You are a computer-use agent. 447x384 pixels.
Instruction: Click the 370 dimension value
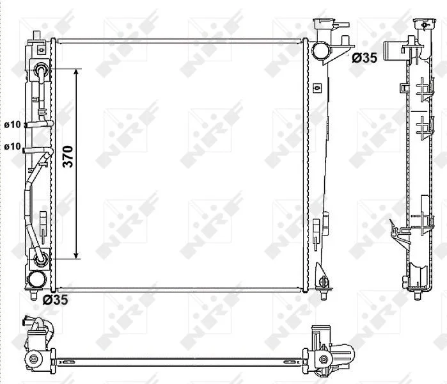(68, 156)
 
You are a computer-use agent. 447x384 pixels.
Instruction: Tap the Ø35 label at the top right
(365, 58)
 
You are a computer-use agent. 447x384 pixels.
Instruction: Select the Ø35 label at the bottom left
(55, 300)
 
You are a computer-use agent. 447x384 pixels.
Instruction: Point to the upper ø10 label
(13, 125)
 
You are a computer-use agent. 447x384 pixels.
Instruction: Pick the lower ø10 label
(13, 147)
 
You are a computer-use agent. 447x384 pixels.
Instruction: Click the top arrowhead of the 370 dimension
(76, 71)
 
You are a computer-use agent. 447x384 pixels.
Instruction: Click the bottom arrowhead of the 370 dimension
(76, 256)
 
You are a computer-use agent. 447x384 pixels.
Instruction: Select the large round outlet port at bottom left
(37, 279)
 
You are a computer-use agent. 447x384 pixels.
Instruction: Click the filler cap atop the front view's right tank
(324, 22)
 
